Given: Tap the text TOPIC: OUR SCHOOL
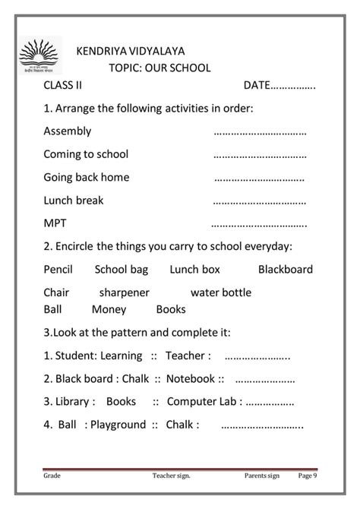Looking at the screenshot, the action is [x=159, y=68].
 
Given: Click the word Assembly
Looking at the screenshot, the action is [x=68, y=131].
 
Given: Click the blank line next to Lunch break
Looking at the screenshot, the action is [x=259, y=201].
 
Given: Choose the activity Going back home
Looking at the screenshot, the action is [x=87, y=177].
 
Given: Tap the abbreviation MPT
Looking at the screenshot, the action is [x=56, y=224].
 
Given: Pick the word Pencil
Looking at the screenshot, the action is [x=58, y=269].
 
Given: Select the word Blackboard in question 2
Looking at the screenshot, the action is [x=285, y=269].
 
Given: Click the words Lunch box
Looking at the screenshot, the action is [x=194, y=269].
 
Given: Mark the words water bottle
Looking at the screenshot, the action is [x=220, y=292].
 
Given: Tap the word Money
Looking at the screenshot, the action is [x=109, y=309].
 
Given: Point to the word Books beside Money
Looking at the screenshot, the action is [x=171, y=309].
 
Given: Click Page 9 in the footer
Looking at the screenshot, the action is [x=308, y=476].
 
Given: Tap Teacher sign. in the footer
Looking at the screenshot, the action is [x=171, y=476].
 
